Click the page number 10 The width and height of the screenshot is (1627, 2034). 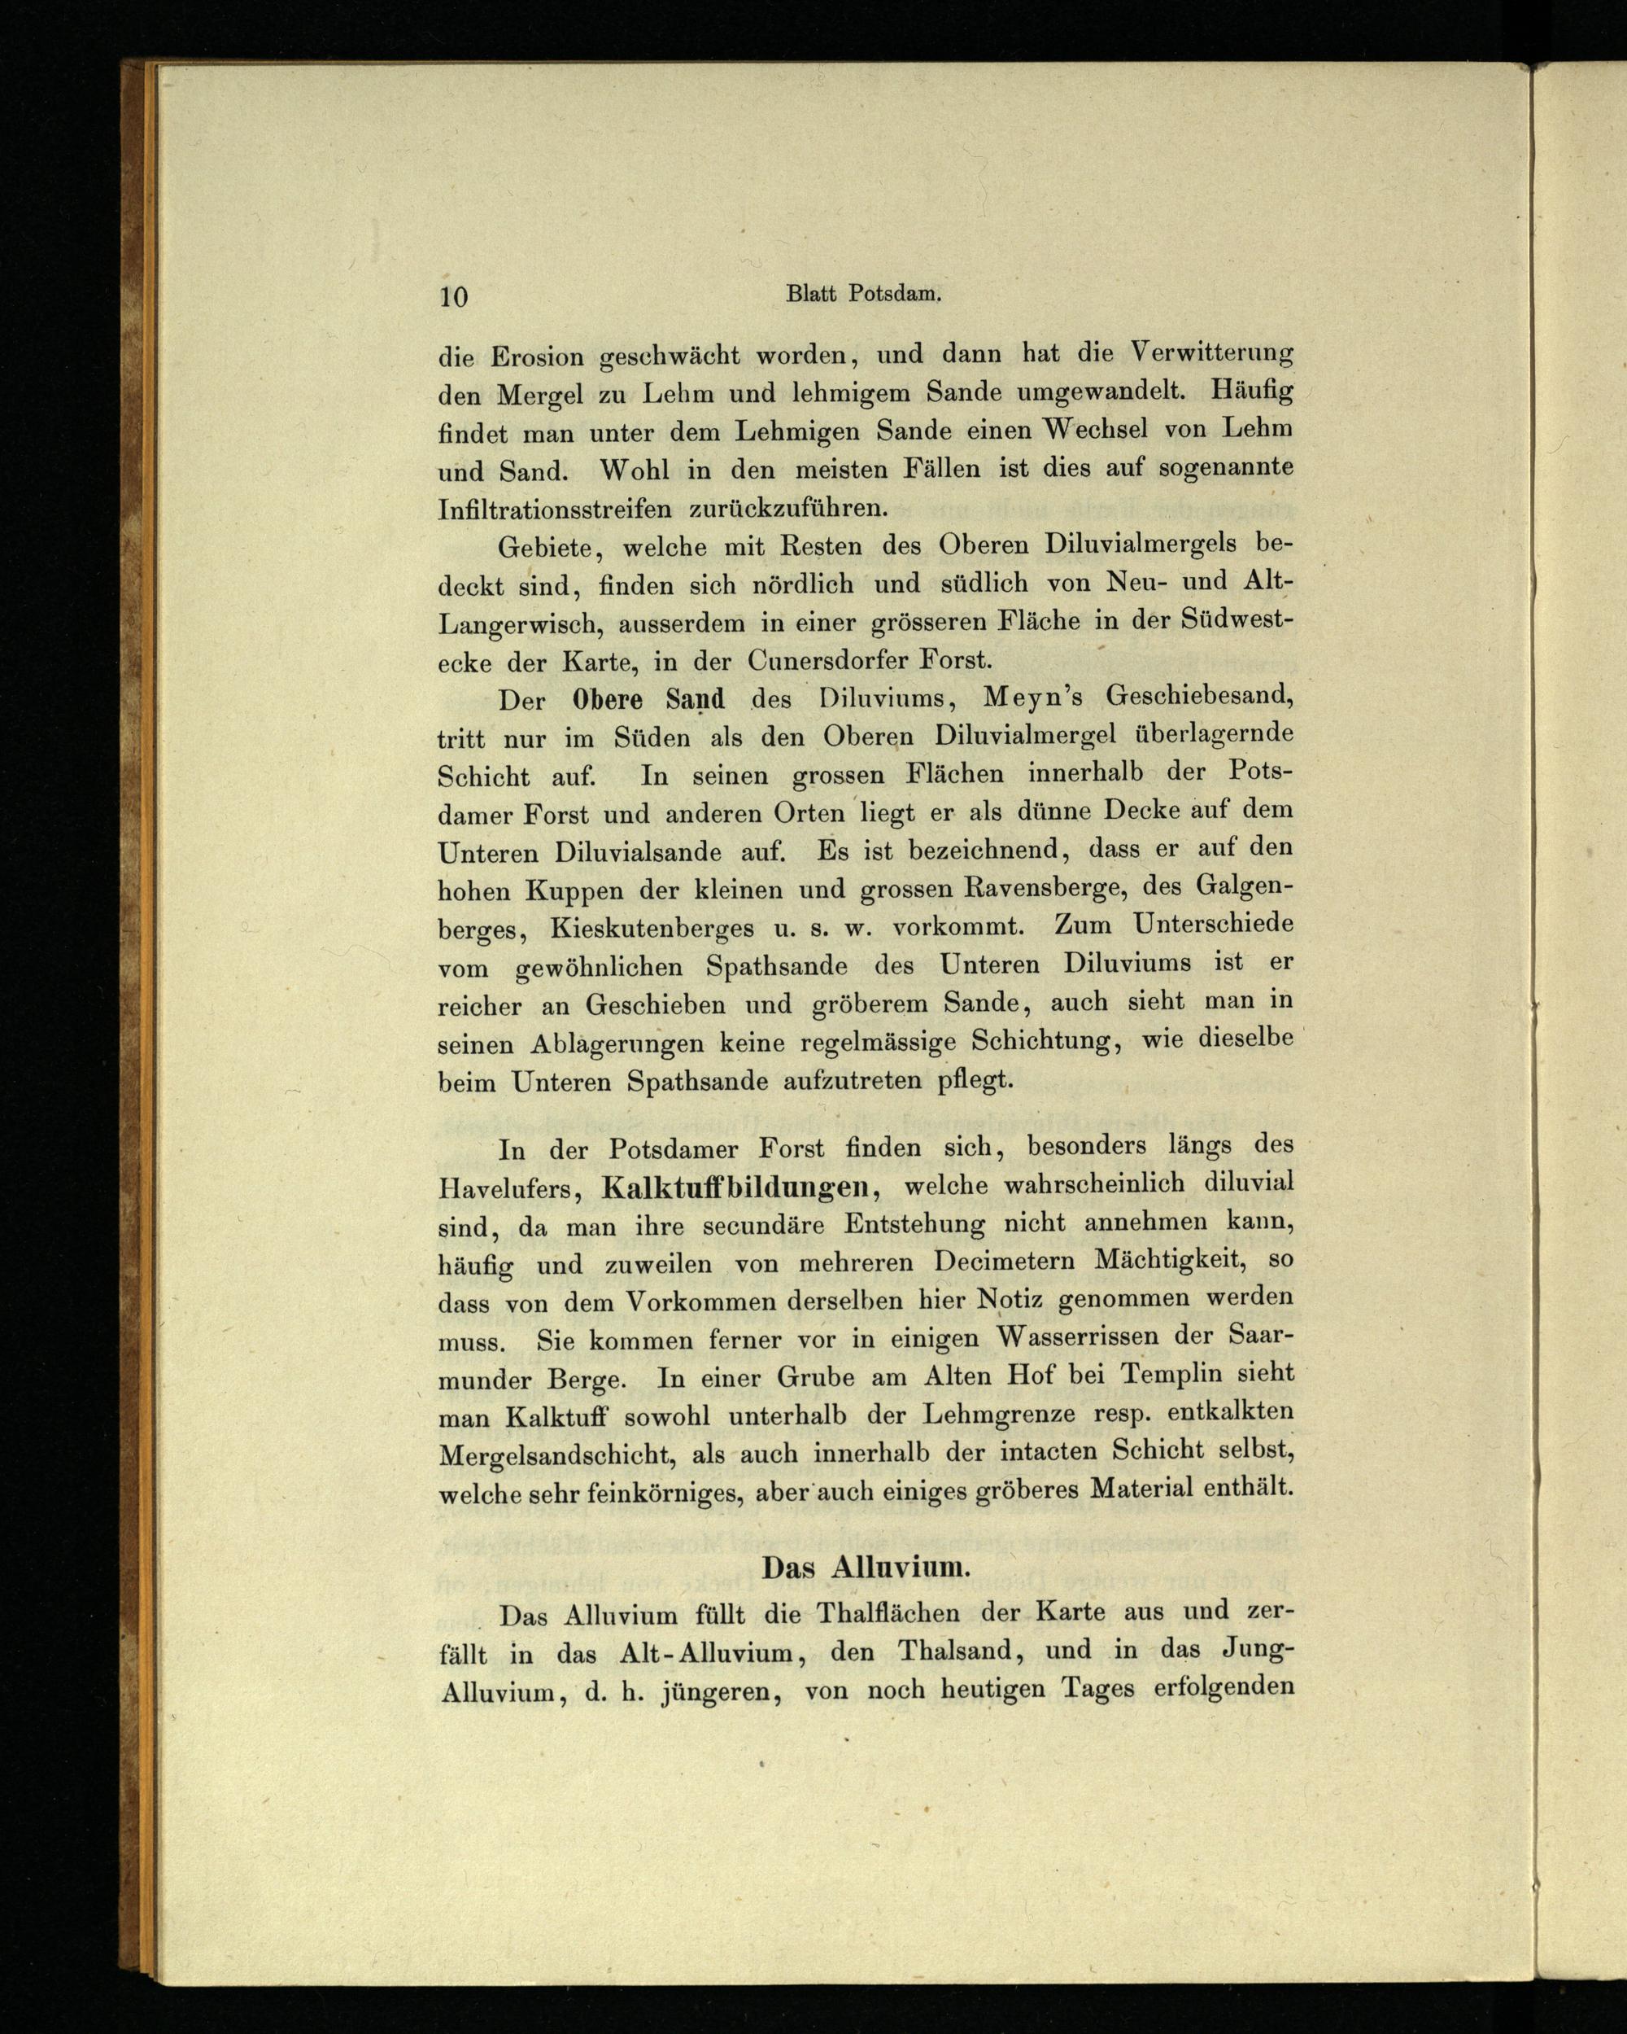point(453,297)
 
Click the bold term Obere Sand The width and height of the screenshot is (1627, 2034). point(649,700)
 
